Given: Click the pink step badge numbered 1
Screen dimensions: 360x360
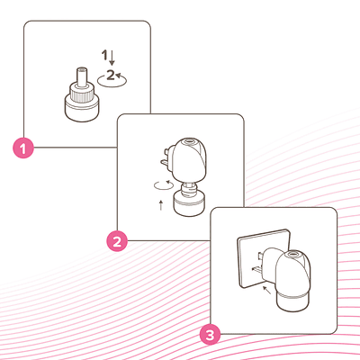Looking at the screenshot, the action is (x=23, y=148).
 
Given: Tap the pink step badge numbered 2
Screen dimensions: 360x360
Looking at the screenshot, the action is (x=117, y=241).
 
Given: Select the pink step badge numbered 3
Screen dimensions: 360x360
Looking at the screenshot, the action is (x=211, y=335).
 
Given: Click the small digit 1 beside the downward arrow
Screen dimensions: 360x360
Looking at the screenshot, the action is (x=104, y=55).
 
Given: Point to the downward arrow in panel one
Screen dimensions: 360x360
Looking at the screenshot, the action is (x=112, y=58).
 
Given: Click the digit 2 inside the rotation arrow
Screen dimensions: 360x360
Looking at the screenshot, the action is (x=111, y=75).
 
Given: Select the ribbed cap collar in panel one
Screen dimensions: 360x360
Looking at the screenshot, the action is (x=82, y=93).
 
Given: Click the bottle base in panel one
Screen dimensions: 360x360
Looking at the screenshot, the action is (x=82, y=110).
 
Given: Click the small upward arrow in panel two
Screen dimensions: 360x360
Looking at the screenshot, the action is (x=161, y=205).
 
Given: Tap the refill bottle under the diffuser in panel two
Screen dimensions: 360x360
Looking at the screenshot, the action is (x=189, y=200).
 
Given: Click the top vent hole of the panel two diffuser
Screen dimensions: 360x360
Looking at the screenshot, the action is (x=189, y=140).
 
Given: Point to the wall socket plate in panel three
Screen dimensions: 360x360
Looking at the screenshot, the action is (x=264, y=258).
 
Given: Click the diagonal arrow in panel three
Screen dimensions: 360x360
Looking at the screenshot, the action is (x=266, y=290).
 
